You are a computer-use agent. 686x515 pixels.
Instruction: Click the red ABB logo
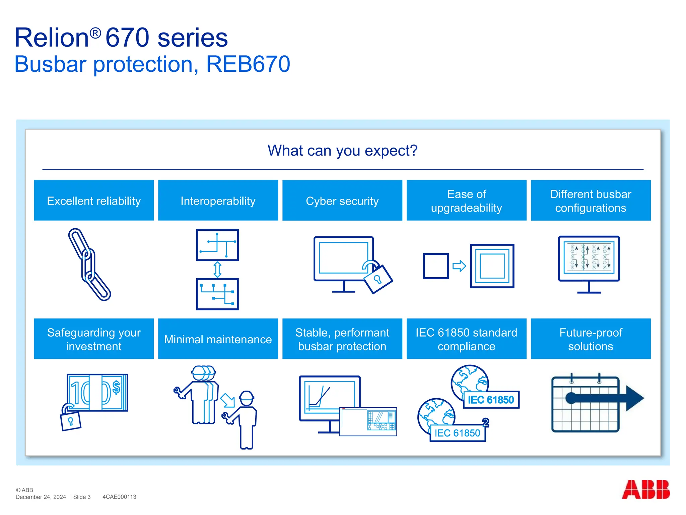645,490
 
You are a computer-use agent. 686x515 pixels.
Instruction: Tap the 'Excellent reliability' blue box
94,201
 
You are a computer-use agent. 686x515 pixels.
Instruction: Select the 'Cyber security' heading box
342,201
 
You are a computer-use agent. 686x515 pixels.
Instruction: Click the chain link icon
89,264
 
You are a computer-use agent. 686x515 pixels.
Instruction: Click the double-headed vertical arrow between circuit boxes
217,270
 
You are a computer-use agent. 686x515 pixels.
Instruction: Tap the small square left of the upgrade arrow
435,266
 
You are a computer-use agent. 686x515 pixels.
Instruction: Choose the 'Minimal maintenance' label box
218,339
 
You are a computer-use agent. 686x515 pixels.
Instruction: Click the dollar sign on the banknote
116,387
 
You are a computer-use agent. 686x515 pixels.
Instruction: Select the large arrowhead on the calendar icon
634,398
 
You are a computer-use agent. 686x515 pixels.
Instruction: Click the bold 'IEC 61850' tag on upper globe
491,400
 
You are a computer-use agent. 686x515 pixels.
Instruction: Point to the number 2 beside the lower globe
485,422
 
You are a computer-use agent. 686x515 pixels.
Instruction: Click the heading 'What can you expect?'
342,151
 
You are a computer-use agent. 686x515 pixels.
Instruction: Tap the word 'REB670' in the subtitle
248,64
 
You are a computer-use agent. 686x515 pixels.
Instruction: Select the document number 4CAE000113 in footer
119,497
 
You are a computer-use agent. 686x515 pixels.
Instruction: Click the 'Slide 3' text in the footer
82,497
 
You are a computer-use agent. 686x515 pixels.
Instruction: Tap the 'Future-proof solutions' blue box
591,339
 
